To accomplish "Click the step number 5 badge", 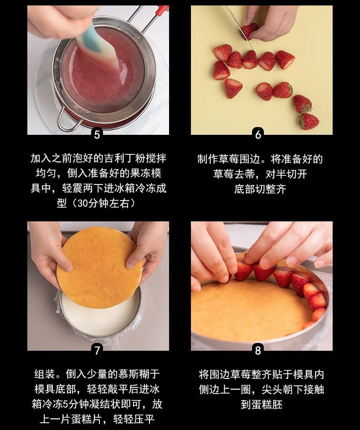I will (97, 134).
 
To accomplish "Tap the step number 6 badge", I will (258, 134).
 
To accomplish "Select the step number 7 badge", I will (97, 350).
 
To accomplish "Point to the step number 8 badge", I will (258, 350).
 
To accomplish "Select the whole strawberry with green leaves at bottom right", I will (309, 121).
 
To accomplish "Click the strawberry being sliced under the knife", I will (249, 31).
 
